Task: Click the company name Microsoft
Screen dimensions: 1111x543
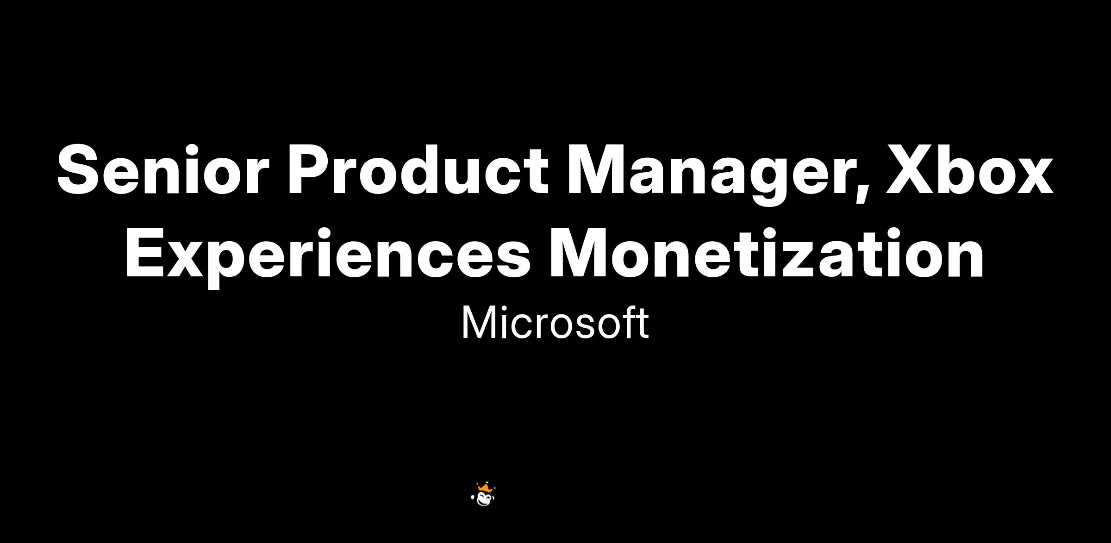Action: point(555,323)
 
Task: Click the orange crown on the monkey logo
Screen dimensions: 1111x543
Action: point(484,487)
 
